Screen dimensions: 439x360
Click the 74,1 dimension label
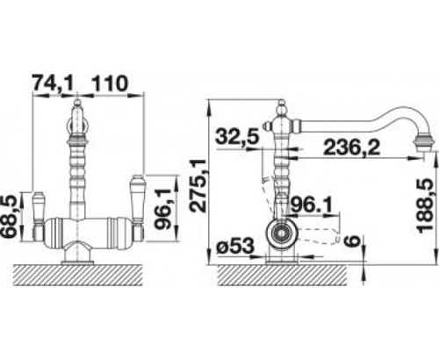click(52, 83)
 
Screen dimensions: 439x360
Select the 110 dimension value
click(110, 83)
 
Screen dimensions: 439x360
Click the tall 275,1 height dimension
click(198, 185)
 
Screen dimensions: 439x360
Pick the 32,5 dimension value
click(237, 136)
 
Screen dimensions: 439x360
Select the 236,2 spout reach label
click(351, 148)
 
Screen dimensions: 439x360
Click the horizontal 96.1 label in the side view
click(312, 205)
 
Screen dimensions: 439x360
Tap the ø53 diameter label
click(234, 246)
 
